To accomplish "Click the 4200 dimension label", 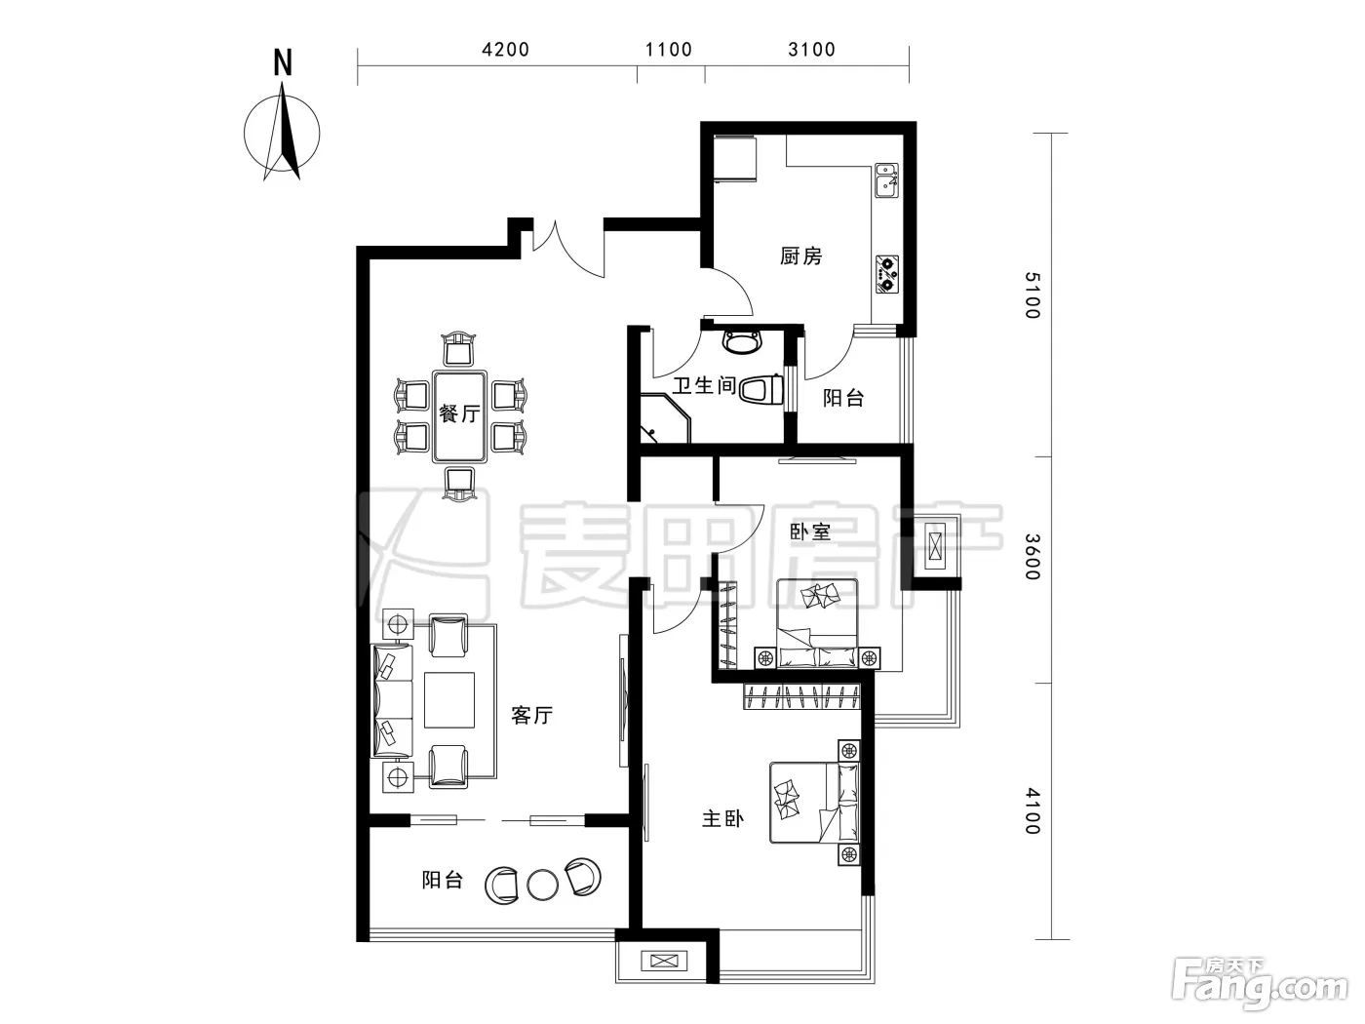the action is [505, 49].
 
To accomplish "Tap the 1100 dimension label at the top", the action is [669, 49].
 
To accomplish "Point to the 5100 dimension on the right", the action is [1033, 295].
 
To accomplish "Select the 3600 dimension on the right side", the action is [1033, 557].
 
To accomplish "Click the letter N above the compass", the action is [283, 62].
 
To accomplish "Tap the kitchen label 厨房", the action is [801, 256].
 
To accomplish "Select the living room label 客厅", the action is [531, 715].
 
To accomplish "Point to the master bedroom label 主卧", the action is [722, 819].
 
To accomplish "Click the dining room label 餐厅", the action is [459, 414].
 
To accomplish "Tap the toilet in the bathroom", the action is [760, 390].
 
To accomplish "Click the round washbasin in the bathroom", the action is [742, 342].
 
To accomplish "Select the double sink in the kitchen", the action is [887, 179].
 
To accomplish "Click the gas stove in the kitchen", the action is [887, 274].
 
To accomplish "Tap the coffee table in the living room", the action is [449, 699].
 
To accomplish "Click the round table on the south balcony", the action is [542, 885].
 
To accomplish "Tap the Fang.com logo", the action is [1260, 987].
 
